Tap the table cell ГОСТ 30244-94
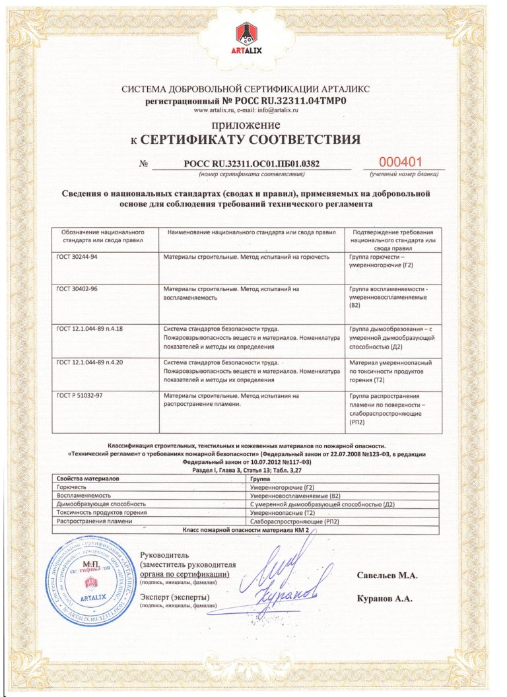click(77, 256)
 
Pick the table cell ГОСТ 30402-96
click(77, 288)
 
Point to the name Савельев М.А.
click(388, 576)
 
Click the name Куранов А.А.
click(386, 599)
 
